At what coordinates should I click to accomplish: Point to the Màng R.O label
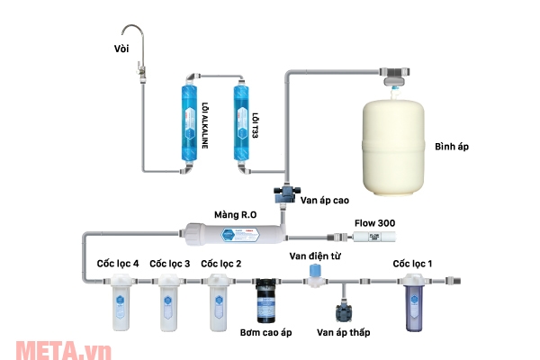(x=237, y=214)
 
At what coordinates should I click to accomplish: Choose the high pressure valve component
(x=287, y=193)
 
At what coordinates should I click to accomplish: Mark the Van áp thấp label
(x=344, y=333)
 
